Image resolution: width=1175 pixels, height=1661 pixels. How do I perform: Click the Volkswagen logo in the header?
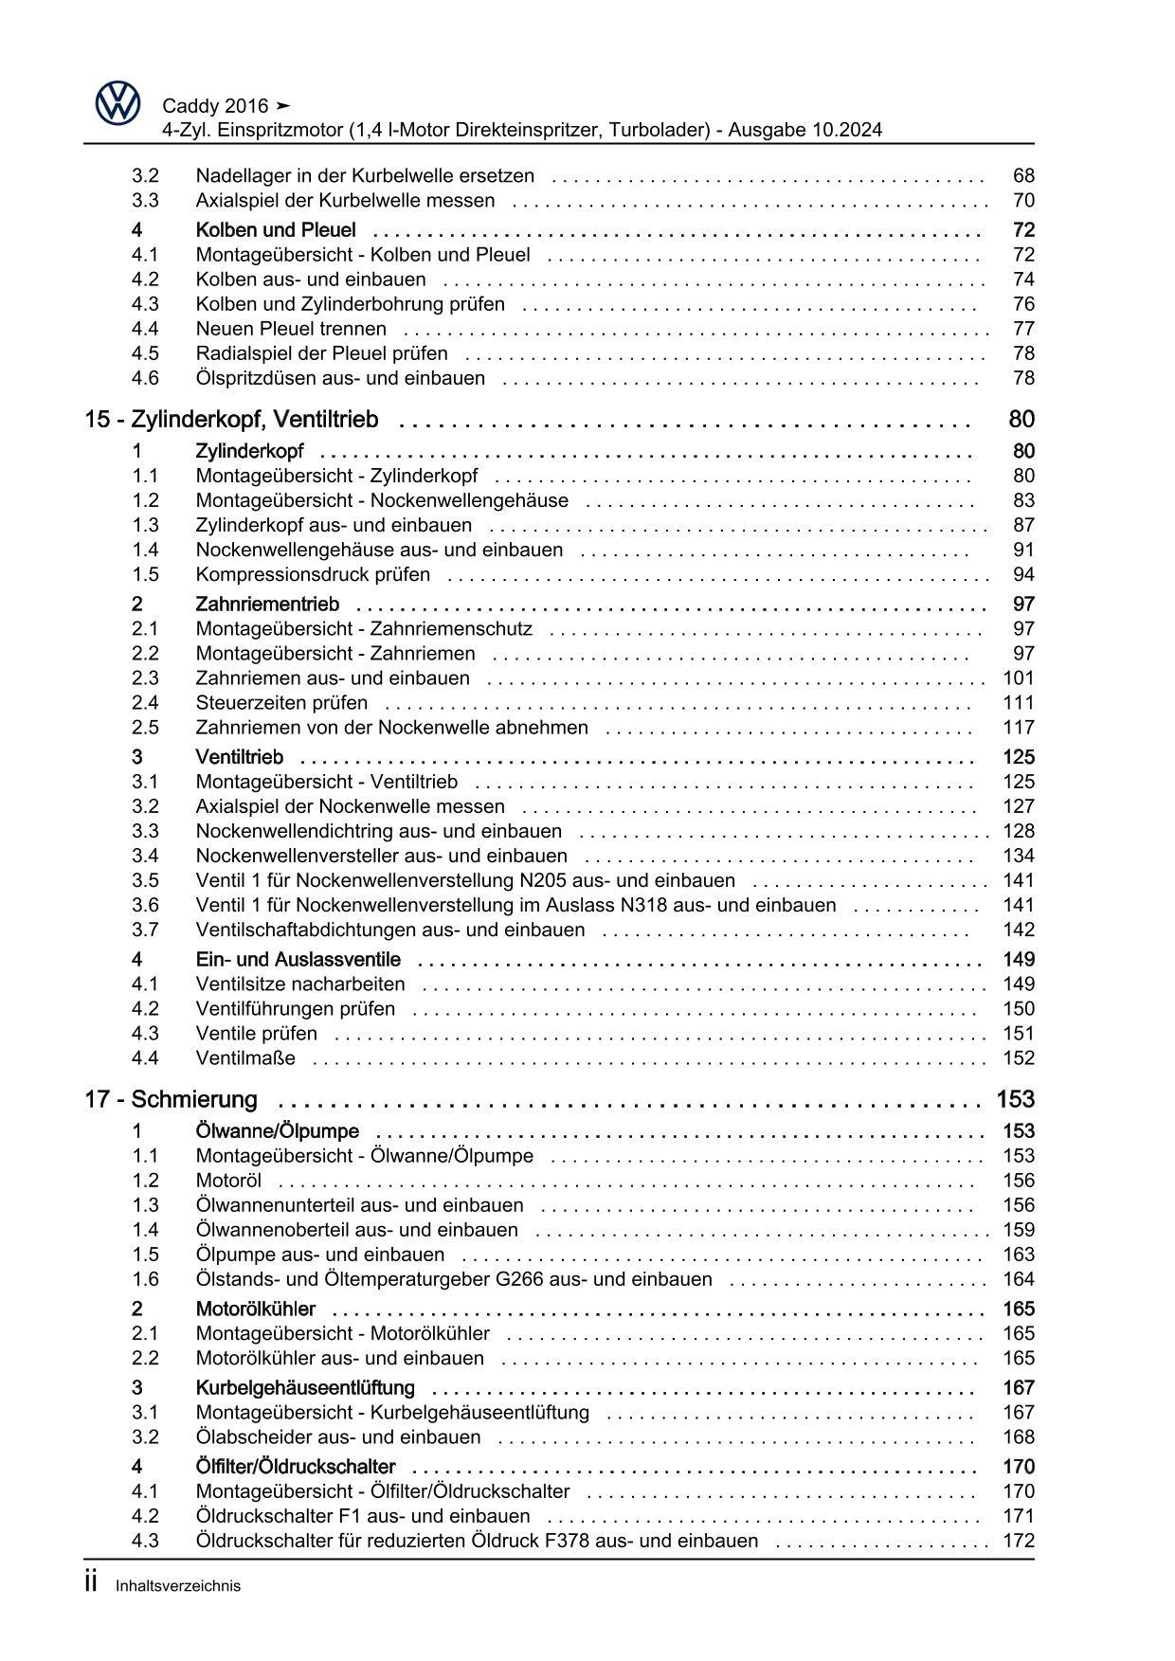(117, 102)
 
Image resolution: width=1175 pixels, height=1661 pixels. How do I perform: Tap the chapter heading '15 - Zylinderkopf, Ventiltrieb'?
(231, 420)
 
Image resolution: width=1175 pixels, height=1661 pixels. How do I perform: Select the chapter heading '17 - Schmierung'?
(171, 1100)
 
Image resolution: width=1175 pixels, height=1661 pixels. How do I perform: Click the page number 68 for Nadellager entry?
(1023, 176)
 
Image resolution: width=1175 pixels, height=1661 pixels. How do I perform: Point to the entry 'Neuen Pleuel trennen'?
(291, 329)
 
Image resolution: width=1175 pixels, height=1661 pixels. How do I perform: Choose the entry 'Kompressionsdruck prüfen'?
(313, 575)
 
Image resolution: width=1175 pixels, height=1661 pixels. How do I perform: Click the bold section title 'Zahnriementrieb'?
(267, 605)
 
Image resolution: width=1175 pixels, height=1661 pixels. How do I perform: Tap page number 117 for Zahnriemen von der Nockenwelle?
(1019, 728)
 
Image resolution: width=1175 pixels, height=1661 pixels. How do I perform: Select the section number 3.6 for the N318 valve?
(145, 905)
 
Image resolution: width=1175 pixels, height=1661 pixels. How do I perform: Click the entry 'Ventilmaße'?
(245, 1058)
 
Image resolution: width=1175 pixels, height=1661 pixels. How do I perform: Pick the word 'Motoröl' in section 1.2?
(228, 1181)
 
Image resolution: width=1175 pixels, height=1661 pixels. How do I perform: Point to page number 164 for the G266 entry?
(1019, 1279)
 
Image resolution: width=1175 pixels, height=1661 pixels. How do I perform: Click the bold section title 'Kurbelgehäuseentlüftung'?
(305, 1388)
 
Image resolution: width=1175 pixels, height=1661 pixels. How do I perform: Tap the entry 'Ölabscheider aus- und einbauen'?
(339, 1437)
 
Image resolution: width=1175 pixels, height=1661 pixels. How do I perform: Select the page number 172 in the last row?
(1019, 1541)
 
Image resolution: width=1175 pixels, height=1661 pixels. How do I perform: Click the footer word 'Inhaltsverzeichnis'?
(178, 1586)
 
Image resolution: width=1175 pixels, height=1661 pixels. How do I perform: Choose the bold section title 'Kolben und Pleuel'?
(276, 230)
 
